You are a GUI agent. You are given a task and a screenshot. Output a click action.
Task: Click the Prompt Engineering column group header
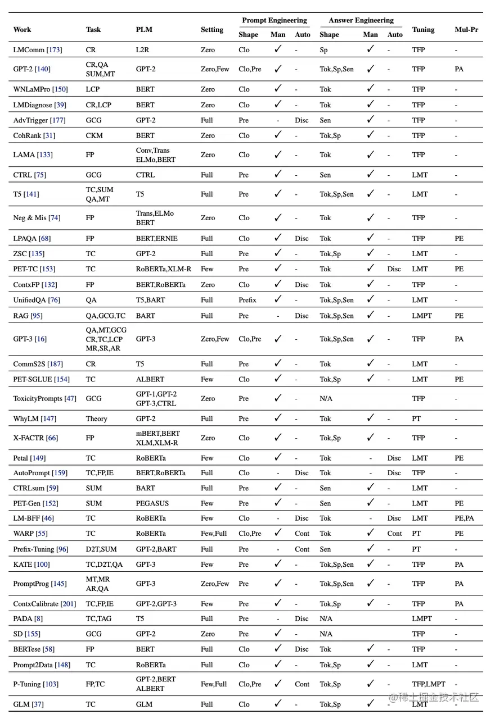coord(274,20)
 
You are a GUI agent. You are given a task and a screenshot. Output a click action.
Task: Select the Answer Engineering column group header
coord(361,20)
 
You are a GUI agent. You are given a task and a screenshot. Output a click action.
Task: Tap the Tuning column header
coord(423,30)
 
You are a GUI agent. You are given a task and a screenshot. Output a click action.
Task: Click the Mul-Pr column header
coord(466,30)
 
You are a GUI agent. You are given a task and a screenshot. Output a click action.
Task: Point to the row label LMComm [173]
coord(38,50)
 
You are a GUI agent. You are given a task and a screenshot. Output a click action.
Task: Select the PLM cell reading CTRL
coord(145,175)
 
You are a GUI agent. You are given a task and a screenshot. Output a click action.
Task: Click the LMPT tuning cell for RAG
coord(422,316)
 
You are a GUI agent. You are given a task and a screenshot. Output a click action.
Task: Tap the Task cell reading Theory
coord(96,418)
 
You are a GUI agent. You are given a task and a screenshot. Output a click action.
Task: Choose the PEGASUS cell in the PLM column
coord(152,503)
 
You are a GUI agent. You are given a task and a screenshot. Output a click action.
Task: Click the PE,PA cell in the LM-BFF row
coord(464,518)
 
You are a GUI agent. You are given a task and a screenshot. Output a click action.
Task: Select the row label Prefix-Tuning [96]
coord(40,549)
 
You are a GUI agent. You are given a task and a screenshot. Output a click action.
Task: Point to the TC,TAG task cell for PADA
coord(98,618)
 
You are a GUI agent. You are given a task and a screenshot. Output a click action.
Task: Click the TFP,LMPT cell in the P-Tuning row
coord(429,684)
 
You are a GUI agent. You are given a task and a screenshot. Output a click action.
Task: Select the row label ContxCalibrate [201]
coord(44,604)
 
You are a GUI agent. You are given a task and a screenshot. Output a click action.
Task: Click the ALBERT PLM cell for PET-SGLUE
coord(150,379)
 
